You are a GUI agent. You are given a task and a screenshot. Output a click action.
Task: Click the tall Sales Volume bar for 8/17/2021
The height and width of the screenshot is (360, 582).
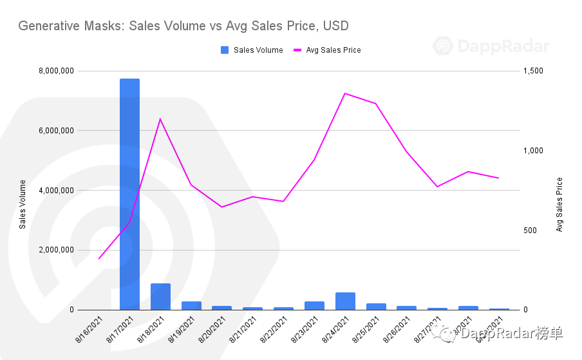point(129,193)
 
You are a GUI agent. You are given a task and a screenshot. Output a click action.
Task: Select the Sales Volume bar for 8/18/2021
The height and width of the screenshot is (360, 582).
point(160,297)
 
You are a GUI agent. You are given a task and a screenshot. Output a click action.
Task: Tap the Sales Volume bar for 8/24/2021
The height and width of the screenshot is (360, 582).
point(345,301)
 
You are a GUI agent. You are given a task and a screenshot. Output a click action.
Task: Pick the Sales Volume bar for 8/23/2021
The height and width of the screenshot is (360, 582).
point(314,306)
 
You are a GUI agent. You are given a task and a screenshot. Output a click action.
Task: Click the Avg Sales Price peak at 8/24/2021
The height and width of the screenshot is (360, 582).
point(345,93)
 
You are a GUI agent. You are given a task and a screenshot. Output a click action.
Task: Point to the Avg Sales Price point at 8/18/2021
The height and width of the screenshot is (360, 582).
point(160,119)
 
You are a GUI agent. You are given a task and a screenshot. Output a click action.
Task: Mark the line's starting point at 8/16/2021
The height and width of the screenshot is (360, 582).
point(99,258)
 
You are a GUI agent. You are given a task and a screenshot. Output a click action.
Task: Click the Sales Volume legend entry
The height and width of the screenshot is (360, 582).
point(252,50)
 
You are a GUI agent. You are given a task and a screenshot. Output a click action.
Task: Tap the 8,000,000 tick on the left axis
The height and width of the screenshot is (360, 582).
point(57,71)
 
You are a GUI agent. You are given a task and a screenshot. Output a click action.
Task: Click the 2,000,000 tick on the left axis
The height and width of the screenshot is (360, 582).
point(57,250)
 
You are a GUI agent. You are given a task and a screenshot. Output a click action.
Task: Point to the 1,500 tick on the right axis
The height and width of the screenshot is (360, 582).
point(534,71)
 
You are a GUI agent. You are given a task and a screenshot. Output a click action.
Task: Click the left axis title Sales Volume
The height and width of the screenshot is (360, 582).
point(23,204)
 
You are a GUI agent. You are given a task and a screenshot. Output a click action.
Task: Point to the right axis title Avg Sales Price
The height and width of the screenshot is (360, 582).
point(559,204)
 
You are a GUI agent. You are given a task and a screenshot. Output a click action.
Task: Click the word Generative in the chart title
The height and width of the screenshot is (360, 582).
point(46,26)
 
